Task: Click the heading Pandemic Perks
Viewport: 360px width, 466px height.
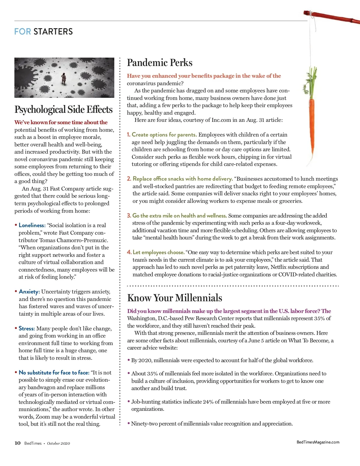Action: [160, 62]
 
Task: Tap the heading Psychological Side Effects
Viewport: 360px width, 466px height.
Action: [64, 110]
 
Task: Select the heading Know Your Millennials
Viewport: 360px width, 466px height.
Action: [175, 298]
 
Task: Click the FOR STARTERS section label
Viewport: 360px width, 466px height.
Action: [43, 32]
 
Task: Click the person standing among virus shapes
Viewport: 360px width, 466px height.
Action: [64, 79]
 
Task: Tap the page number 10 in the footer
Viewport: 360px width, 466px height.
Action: [18, 443]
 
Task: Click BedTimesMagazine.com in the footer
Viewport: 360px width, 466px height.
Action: [318, 442]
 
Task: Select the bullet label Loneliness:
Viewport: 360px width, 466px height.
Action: [32, 225]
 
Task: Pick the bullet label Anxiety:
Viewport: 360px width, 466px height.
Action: [29, 292]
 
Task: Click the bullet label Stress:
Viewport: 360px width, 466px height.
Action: [27, 329]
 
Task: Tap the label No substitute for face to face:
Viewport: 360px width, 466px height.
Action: [54, 373]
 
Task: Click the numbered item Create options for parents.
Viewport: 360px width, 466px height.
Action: [164, 135]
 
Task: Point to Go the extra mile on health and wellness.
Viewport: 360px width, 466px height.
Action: [179, 216]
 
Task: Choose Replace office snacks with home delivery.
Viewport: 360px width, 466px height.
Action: [183, 179]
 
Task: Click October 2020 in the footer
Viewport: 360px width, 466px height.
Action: [58, 443]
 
